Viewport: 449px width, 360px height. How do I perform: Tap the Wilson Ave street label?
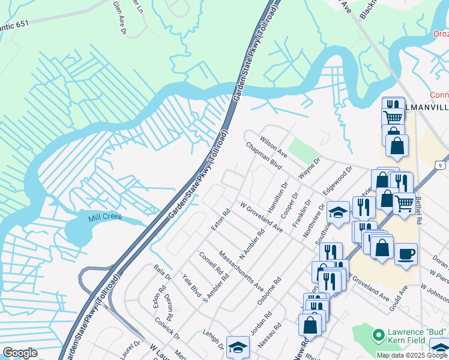coord(274,146)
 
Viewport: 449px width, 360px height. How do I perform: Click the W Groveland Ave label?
coord(261,218)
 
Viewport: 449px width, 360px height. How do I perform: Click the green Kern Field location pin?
coord(378,334)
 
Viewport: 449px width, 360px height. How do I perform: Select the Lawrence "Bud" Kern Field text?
coord(410,340)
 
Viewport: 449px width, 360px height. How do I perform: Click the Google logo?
coord(20,353)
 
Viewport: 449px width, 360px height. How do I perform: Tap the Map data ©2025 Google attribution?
coord(412,355)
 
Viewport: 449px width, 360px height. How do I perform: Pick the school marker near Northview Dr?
coord(338,211)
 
